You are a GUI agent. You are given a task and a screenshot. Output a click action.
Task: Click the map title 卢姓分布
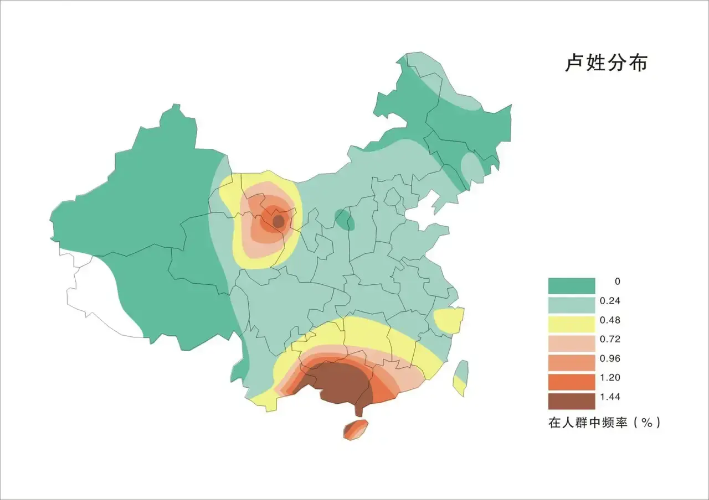pos(606,63)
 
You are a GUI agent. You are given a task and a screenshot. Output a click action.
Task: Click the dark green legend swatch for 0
pos(572,285)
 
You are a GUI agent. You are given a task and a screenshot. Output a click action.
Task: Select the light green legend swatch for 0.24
pos(572,305)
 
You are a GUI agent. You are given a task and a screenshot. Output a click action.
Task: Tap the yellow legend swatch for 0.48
pos(572,324)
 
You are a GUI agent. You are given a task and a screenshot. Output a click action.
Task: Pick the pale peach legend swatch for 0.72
pos(572,343)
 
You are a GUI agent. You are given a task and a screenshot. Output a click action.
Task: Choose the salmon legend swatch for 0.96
pos(572,363)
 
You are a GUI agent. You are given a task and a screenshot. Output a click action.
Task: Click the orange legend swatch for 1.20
pos(572,382)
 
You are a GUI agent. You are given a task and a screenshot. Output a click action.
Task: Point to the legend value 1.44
pos(610,397)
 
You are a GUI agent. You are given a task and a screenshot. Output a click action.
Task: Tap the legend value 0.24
pos(610,301)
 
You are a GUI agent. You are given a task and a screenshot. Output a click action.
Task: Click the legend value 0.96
pos(610,358)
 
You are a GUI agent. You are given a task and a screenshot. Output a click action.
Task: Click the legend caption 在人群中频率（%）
pos(604,423)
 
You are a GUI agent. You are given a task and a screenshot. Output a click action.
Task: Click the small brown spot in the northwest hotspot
pos(279,221)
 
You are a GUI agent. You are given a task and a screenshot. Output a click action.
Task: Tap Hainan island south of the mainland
pos(356,429)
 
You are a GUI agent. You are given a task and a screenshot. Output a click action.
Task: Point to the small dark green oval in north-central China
pos(345,219)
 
